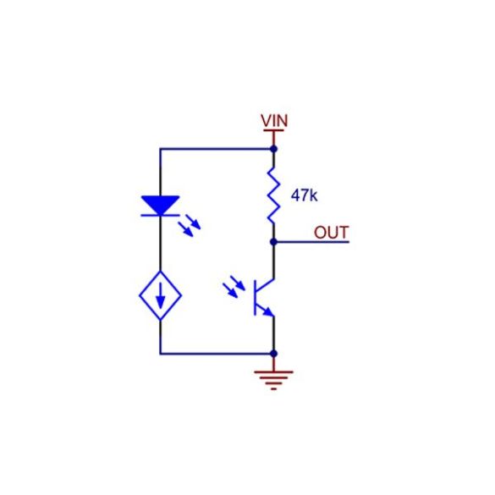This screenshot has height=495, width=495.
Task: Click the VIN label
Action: pyautogui.click(x=274, y=121)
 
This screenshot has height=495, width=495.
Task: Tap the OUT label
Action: pyautogui.click(x=331, y=233)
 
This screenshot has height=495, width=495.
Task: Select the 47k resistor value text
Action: pyautogui.click(x=304, y=195)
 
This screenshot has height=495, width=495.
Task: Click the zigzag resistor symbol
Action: pyautogui.click(x=273, y=195)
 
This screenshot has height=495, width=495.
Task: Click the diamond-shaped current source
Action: pyautogui.click(x=161, y=295)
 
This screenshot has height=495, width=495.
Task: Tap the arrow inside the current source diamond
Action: pyautogui.click(x=161, y=295)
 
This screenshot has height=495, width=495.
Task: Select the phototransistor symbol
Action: pyautogui.click(x=264, y=297)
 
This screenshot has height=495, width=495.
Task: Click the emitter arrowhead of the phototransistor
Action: pyautogui.click(x=268, y=311)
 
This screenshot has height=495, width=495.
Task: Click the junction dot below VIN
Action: pyautogui.click(x=273, y=149)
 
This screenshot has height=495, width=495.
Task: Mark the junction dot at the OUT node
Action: pyautogui.click(x=273, y=242)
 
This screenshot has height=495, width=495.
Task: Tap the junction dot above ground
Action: pyautogui.click(x=273, y=354)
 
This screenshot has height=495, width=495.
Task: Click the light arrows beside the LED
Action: pyautogui.click(x=190, y=225)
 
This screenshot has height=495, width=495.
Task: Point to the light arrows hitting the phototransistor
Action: pyautogui.click(x=234, y=286)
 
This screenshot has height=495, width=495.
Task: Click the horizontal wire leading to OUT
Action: pyautogui.click(x=311, y=242)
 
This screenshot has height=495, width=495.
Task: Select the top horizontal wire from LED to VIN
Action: pyautogui.click(x=217, y=149)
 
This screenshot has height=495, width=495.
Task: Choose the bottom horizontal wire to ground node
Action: pyautogui.click(x=217, y=354)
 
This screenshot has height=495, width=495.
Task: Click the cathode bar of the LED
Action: pyautogui.click(x=161, y=215)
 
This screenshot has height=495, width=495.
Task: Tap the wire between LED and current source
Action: pyautogui.click(x=161, y=244)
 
